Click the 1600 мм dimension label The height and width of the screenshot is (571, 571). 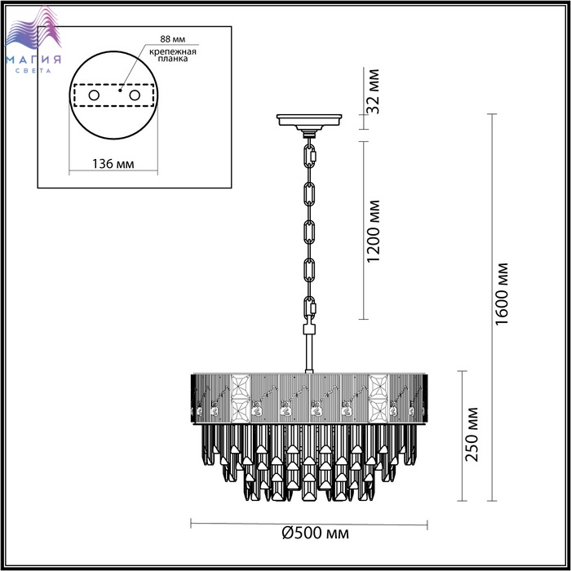(x=502, y=294)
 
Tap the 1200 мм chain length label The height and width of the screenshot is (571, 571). (x=374, y=231)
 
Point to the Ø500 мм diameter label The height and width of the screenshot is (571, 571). (x=316, y=533)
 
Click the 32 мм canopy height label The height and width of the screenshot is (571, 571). (x=373, y=91)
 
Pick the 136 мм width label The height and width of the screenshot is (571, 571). (x=113, y=164)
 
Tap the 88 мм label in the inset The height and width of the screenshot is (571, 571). (x=173, y=39)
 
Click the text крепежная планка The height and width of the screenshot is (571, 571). (x=173, y=55)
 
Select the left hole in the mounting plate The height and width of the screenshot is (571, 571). (x=94, y=95)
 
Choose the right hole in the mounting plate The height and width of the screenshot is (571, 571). (x=135, y=95)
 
